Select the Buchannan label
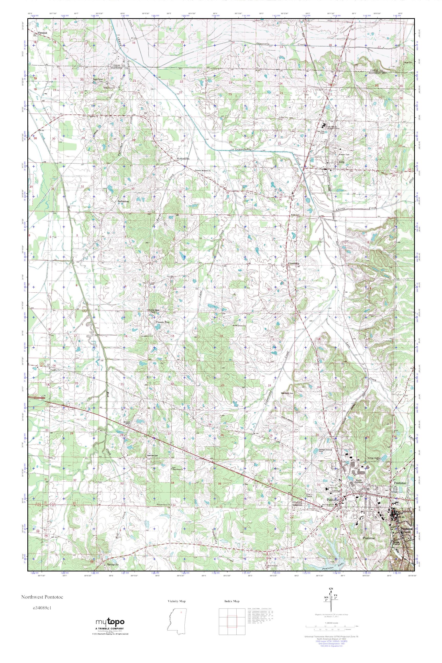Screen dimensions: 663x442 point(123,202)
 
